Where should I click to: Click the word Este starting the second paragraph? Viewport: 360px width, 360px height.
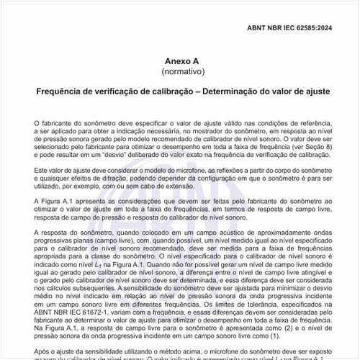(42, 169)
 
